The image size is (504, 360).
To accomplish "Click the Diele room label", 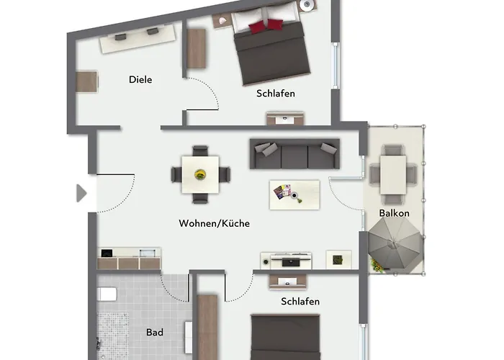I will pos(140,80).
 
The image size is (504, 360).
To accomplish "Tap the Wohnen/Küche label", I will pos(214,224).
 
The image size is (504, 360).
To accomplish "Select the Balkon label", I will pos(394,213).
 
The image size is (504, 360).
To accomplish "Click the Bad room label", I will pos(154,333).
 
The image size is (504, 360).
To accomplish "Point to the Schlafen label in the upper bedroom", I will pos(276,94).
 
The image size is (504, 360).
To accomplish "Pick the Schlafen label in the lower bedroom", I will pos(300,302).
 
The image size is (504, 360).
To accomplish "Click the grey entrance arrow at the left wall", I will pos(81,193).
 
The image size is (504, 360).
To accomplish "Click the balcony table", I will pos(393,174).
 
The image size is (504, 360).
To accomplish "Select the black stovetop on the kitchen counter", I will pos(107,253).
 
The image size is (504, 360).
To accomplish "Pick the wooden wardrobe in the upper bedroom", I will pos(197,48).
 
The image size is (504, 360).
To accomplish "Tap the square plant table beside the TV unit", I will pos(338,259).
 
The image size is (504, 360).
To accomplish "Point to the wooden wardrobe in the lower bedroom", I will pos(207,324).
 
